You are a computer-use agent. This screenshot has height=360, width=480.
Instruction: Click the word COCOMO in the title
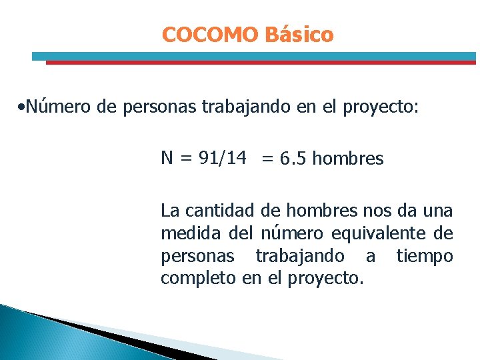tap(209, 35)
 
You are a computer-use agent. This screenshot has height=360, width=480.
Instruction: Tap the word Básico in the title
tap(298, 35)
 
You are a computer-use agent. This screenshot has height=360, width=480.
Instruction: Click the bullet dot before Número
tap(23, 107)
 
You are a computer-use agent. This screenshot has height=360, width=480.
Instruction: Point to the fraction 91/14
tap(222, 158)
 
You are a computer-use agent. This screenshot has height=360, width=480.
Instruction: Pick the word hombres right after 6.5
tap(348, 159)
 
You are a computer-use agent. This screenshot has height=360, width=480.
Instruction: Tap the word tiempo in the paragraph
tap(424, 256)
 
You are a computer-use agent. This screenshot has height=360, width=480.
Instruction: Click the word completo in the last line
tap(198, 278)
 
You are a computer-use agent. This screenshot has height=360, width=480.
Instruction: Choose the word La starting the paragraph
tap(170, 211)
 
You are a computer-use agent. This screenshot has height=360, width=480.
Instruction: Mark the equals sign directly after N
tap(185, 159)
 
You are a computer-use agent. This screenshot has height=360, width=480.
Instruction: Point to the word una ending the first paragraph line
tap(437, 211)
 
